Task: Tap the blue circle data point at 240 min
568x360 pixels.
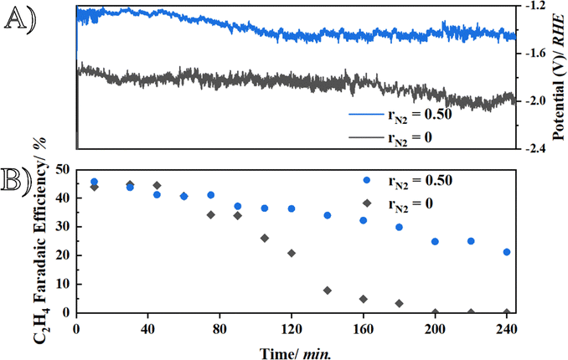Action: tap(507, 252)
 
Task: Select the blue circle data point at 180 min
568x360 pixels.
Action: tap(400, 227)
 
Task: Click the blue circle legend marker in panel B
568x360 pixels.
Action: tap(366, 180)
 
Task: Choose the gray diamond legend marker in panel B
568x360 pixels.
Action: tap(366, 203)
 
